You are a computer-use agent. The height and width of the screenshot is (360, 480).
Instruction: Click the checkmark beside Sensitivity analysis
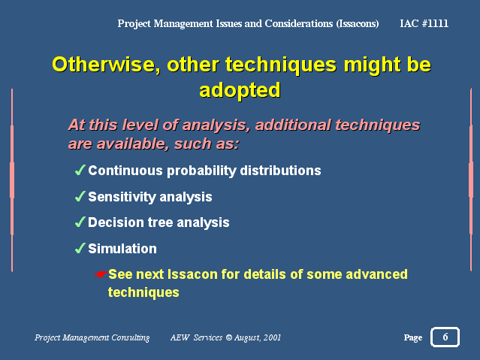point(80,196)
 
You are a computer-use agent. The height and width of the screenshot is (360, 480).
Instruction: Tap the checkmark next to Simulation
point(80,248)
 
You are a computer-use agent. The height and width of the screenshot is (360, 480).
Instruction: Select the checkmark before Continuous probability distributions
point(80,170)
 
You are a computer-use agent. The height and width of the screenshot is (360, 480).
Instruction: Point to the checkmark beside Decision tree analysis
point(80,222)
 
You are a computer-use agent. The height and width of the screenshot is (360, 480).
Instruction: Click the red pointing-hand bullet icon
point(101,274)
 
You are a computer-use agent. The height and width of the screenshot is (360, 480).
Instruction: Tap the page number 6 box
point(445,337)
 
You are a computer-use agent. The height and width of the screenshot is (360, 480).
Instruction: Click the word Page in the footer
point(413,337)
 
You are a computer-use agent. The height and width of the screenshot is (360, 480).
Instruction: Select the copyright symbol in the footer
point(228,337)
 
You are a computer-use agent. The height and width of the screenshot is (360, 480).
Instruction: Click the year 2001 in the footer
point(272,337)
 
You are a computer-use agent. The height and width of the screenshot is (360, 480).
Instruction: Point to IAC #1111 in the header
point(424,23)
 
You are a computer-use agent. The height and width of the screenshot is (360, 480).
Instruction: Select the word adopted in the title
point(240,90)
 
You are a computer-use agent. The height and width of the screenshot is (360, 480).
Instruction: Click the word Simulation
point(122,249)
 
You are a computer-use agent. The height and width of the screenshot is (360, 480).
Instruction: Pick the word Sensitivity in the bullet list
point(122,197)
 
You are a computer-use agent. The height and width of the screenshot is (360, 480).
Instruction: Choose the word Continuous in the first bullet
point(125,171)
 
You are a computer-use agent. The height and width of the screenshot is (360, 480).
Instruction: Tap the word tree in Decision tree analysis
point(160,222)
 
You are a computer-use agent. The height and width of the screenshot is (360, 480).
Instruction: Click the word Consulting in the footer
point(131,337)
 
